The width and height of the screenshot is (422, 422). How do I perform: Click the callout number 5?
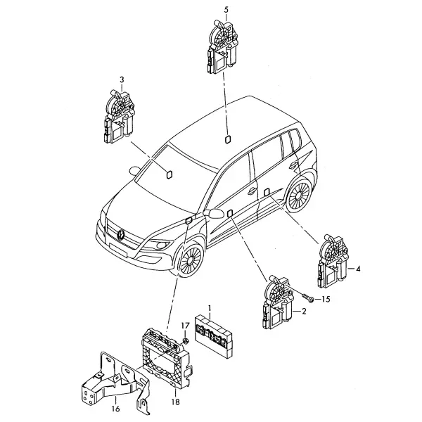point(226,10)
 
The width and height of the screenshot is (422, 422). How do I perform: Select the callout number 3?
point(122,79)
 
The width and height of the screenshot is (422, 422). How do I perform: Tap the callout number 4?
point(358,269)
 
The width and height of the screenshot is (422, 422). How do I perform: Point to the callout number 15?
point(326,300)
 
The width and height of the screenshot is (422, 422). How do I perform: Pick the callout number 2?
point(304,312)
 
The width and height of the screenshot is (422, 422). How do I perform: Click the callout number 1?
point(210,308)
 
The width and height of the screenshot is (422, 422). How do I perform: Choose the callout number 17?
point(185,326)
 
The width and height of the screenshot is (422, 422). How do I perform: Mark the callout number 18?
point(175,402)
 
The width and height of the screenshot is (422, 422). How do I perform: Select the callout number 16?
point(115,409)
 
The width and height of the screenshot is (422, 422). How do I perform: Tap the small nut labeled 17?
point(186,341)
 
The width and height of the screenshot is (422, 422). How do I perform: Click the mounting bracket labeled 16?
point(116,383)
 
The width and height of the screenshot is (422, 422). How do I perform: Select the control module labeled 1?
point(213,335)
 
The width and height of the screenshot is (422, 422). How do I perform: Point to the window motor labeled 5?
point(222,46)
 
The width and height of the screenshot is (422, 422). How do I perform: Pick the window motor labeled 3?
point(118,117)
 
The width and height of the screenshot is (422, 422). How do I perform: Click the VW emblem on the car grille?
point(121,234)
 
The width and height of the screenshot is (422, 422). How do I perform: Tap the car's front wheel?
point(191,260)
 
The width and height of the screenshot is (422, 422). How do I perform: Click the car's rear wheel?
point(298,194)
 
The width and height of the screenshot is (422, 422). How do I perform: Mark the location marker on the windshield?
point(169,174)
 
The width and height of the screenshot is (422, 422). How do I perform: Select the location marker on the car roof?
point(227,140)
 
